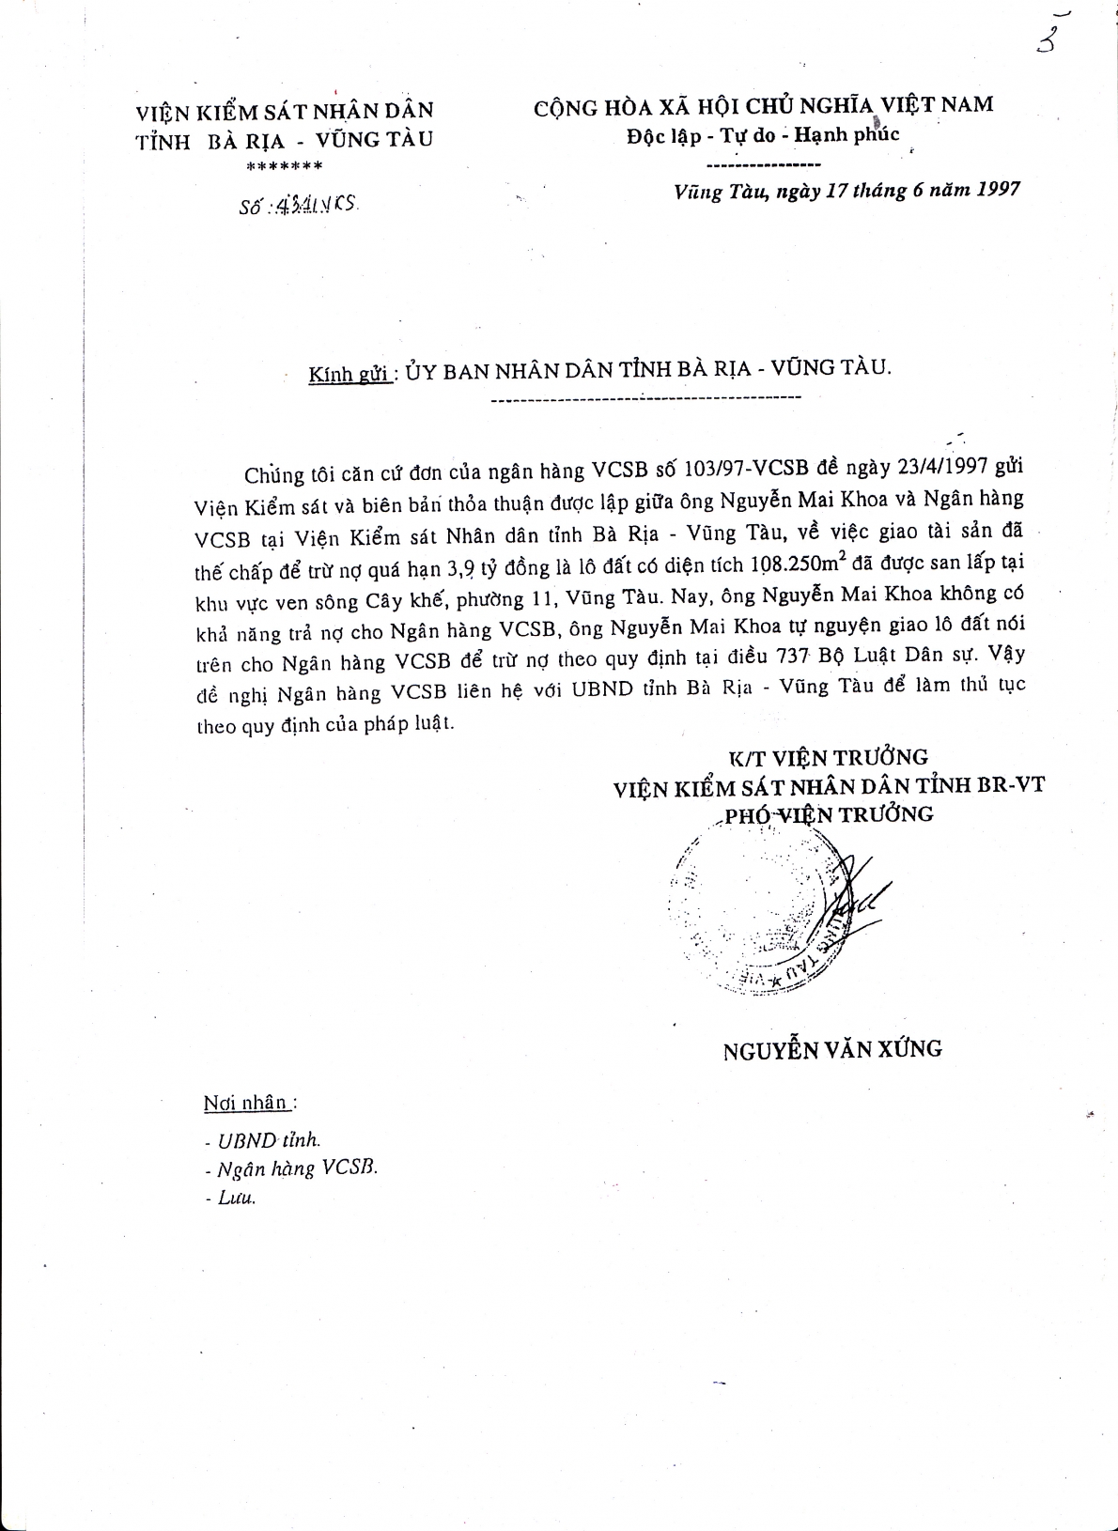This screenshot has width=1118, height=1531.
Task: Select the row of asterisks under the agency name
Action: pos(284,167)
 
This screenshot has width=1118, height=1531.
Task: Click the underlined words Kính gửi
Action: pos(349,374)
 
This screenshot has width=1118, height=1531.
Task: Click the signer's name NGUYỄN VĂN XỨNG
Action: pos(832,1049)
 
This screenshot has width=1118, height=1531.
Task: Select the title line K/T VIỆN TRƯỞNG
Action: pos(830,757)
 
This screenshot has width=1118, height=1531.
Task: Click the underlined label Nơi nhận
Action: pos(249,1103)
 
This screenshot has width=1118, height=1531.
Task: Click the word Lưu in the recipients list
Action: pos(236,1198)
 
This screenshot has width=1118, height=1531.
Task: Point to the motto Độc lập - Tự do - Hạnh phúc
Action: pos(763,135)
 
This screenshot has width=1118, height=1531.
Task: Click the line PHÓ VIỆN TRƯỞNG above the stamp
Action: pos(830,813)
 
